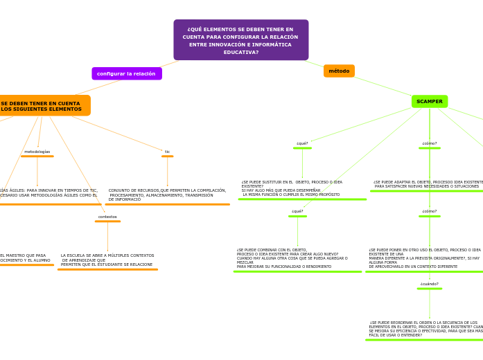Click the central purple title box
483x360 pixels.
tap(240, 40)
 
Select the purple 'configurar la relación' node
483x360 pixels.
tap(126, 73)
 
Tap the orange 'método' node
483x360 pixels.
tap(339, 71)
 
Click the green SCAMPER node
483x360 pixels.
tap(430, 101)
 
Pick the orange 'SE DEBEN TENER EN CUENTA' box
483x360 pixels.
tap(42, 106)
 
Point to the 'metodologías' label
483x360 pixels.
tap(37, 152)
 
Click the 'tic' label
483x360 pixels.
tap(167, 152)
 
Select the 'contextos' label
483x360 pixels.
tap(107, 217)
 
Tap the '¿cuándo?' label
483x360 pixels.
tap(429, 284)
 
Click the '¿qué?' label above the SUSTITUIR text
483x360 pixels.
tap(302, 143)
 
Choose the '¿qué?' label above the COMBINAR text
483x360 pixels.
tap(297, 211)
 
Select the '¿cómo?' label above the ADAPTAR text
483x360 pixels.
tap(430, 143)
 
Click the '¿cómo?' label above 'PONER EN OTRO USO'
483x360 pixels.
tap(430, 211)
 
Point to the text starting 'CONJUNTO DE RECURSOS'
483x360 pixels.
tap(167, 195)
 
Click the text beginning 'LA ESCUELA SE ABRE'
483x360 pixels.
tap(107, 260)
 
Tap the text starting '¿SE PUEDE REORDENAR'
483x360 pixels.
tap(425, 329)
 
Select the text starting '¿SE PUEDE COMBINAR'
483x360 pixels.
tap(292, 258)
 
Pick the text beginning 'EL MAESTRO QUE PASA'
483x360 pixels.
tap(25, 258)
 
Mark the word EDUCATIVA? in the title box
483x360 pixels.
tap(240, 53)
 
